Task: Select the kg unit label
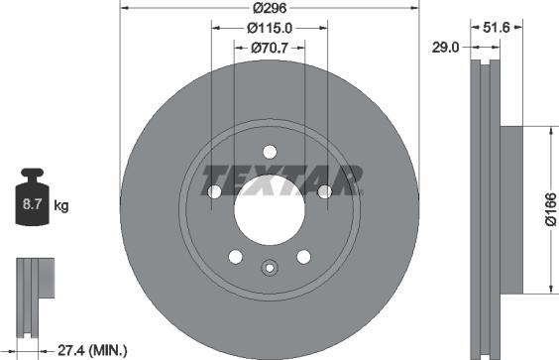point(61,206)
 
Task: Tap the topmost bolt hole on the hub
point(268,150)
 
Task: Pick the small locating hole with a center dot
point(268,266)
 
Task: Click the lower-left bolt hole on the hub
point(234,257)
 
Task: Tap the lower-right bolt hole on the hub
point(302,257)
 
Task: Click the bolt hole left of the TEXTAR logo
point(212,191)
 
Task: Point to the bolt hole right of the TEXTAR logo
point(324,191)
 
